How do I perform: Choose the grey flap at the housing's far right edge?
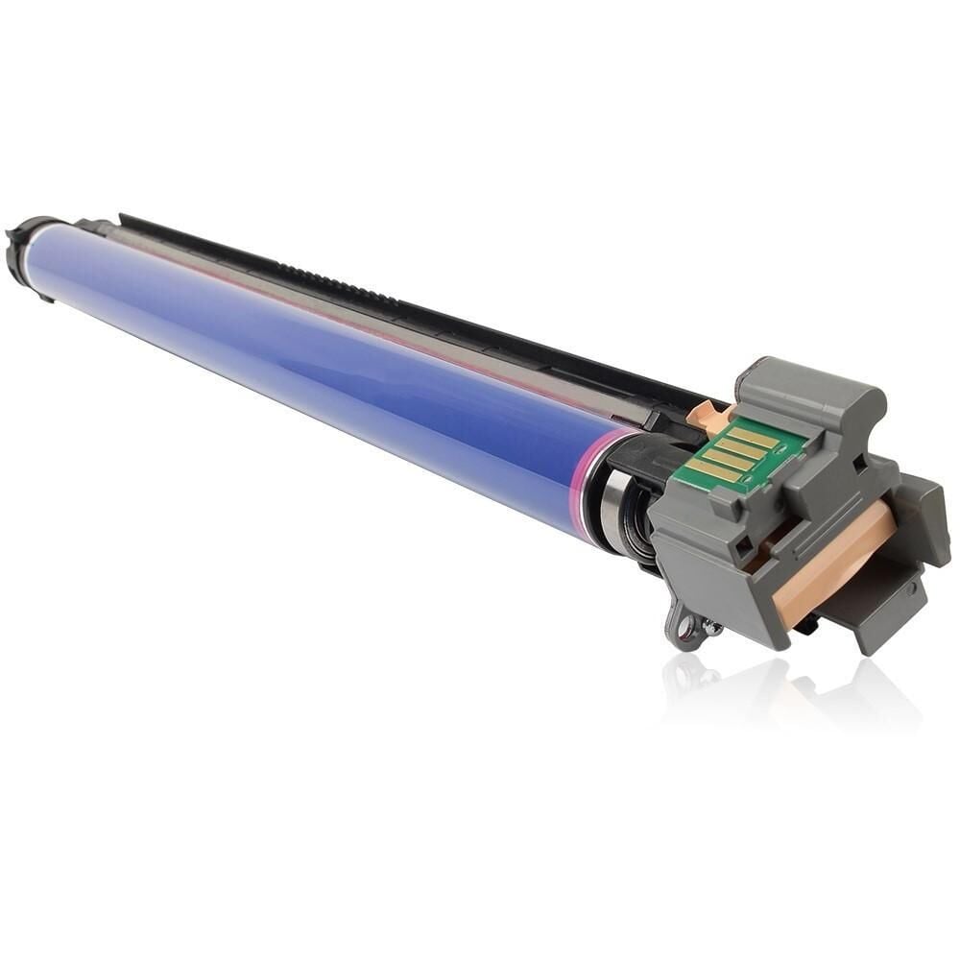click(925, 514)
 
